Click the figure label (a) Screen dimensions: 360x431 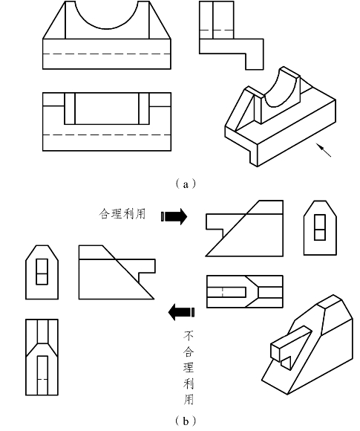coord(186,184)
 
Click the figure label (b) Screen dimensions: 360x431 coord(186,421)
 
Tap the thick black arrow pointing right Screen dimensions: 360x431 coord(174,216)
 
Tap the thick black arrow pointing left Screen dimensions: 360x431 coord(182,312)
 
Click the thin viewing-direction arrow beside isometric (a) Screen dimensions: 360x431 coord(324,150)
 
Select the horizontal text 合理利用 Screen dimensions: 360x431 coord(122,214)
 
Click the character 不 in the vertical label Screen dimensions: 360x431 coord(189,337)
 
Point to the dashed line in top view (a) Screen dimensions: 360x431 coord(107,135)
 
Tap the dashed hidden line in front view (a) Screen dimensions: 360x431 coord(107,54)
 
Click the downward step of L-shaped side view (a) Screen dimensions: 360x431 coord(255,61)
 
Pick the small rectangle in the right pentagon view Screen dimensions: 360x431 coord(320,227)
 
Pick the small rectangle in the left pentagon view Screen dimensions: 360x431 coord(42,271)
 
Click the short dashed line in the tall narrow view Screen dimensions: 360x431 coord(42,379)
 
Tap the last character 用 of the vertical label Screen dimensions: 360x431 coord(189,399)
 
